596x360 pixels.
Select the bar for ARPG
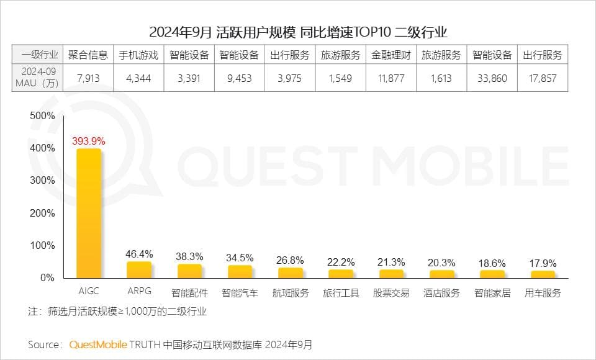tap(138, 269)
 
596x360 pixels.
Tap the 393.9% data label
tap(89, 141)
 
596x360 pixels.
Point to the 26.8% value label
tap(291, 259)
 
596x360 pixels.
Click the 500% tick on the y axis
tap(42, 116)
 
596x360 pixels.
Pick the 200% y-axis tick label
tap(42, 213)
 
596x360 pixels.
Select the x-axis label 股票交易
tap(391, 293)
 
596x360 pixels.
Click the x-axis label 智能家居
tap(492, 293)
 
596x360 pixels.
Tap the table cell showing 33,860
tap(492, 79)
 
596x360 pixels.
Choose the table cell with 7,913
tap(88, 79)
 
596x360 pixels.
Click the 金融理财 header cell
tap(391, 55)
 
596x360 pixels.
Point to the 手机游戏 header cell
tap(138, 55)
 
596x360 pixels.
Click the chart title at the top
tap(298, 32)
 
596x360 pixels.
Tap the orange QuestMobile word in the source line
tap(98, 344)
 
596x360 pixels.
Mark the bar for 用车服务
tap(543, 274)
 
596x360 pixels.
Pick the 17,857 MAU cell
tap(543, 79)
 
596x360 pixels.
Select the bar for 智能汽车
tap(240, 271)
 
